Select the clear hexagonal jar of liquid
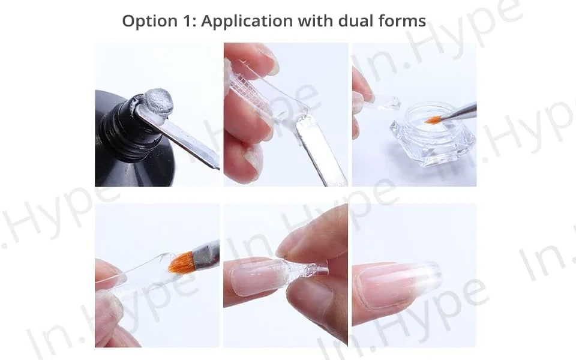[432, 134]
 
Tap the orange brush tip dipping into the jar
[432, 119]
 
